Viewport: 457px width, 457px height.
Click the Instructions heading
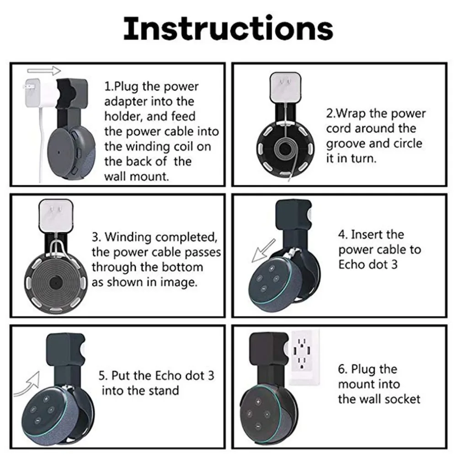click(x=228, y=28)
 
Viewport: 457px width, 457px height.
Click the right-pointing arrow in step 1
click(x=44, y=70)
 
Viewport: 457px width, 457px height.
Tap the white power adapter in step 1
click(x=40, y=92)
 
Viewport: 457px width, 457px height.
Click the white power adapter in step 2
click(x=285, y=86)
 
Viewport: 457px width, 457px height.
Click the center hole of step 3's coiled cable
click(x=54, y=282)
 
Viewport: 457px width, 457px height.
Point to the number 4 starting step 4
click(x=341, y=234)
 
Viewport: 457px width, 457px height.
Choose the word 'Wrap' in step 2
click(x=351, y=113)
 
